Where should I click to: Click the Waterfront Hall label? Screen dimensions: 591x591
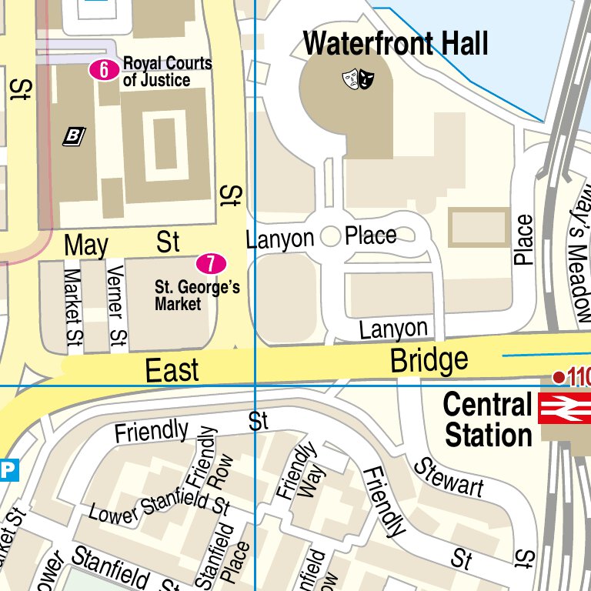(x=396, y=44)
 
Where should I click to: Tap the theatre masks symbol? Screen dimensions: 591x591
(x=358, y=78)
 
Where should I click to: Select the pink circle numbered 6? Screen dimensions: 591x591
(x=104, y=70)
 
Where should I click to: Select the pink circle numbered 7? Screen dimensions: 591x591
(x=211, y=264)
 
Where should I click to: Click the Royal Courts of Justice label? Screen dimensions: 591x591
(x=167, y=71)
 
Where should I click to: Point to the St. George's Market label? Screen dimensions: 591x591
(x=197, y=295)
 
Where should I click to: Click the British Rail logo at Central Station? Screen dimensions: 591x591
(x=564, y=407)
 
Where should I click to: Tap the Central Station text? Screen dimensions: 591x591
(x=488, y=420)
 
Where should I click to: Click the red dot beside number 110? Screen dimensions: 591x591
(x=559, y=376)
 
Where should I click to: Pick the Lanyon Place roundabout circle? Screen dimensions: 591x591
(x=330, y=237)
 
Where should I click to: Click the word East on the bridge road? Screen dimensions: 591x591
(x=172, y=371)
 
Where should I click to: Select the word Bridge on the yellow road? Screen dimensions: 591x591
(x=429, y=359)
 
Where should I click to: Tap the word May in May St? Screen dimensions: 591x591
(x=86, y=245)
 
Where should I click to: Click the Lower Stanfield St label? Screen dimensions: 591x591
(x=159, y=509)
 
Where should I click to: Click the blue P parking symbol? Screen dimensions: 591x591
(x=8, y=469)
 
